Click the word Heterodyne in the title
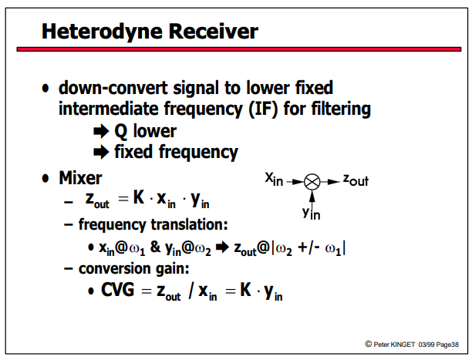[103, 32]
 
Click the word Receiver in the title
[214, 31]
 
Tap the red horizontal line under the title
[239, 49]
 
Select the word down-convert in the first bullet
[113, 88]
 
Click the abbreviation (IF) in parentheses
[263, 109]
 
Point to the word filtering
[341, 109]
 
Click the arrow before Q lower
[101, 131]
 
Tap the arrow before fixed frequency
[101, 152]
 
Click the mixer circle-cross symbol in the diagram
[312, 182]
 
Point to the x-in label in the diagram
[274, 179]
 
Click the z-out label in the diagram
[356, 180]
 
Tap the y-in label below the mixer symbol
[312, 213]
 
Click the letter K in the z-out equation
[139, 197]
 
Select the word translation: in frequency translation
[189, 224]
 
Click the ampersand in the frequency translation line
[155, 247]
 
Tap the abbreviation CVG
[118, 290]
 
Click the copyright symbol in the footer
[369, 344]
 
